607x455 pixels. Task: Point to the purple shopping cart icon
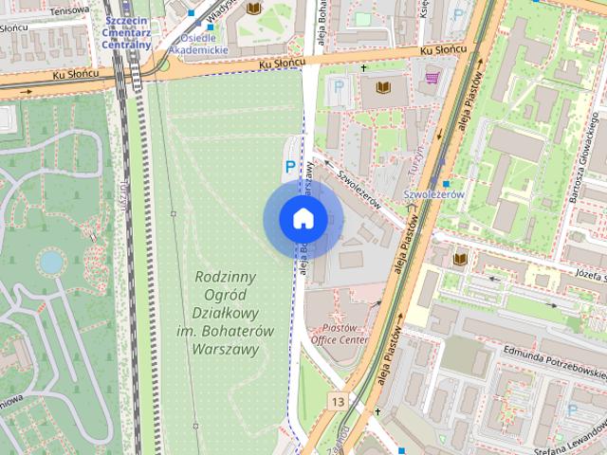[x=432, y=78]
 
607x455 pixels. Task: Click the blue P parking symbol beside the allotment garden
[x=290, y=166]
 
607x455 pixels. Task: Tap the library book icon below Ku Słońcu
[x=382, y=87]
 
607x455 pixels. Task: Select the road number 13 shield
[x=338, y=402]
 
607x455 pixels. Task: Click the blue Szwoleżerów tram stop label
[x=432, y=193]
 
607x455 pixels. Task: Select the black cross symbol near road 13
[x=377, y=412]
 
